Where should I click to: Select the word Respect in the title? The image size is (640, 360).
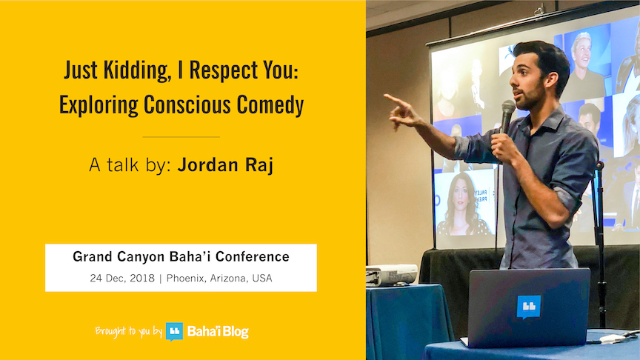click(x=224, y=71)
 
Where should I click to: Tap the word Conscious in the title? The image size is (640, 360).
click(x=187, y=104)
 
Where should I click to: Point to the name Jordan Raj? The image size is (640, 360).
click(x=226, y=165)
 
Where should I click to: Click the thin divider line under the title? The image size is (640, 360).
click(x=181, y=137)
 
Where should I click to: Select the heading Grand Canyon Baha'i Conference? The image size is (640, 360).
click(x=181, y=256)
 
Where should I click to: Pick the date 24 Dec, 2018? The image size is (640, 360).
click(x=122, y=279)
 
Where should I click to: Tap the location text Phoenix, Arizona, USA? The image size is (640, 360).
click(x=219, y=279)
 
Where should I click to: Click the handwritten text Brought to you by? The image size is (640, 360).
click(x=129, y=331)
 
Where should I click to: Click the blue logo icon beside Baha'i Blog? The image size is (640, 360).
click(x=174, y=331)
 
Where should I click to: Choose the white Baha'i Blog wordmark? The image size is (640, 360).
click(x=218, y=331)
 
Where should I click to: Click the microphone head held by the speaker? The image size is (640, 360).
click(x=508, y=108)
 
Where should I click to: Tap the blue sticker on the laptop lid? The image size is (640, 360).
click(x=529, y=307)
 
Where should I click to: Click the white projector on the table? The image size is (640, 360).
click(x=392, y=275)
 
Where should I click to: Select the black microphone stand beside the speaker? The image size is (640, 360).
click(x=600, y=245)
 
